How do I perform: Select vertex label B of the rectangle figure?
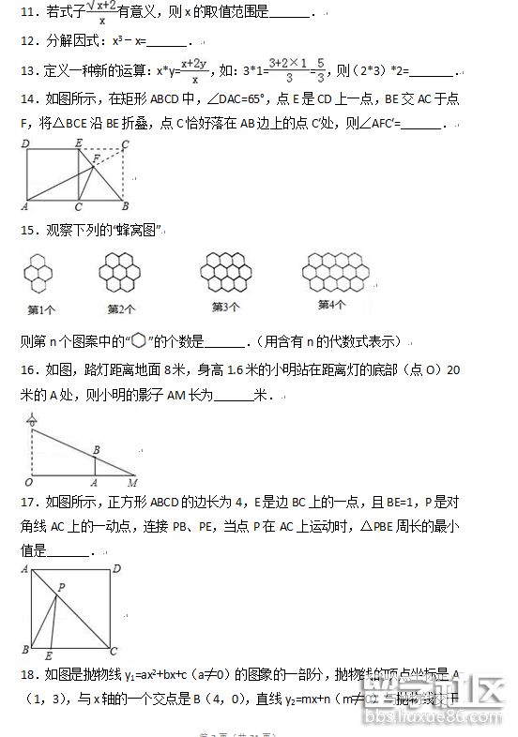[x=125, y=206]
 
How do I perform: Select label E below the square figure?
[x=49, y=654]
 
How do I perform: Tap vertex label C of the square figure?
[x=114, y=650]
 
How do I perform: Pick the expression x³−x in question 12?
[x=129, y=42]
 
